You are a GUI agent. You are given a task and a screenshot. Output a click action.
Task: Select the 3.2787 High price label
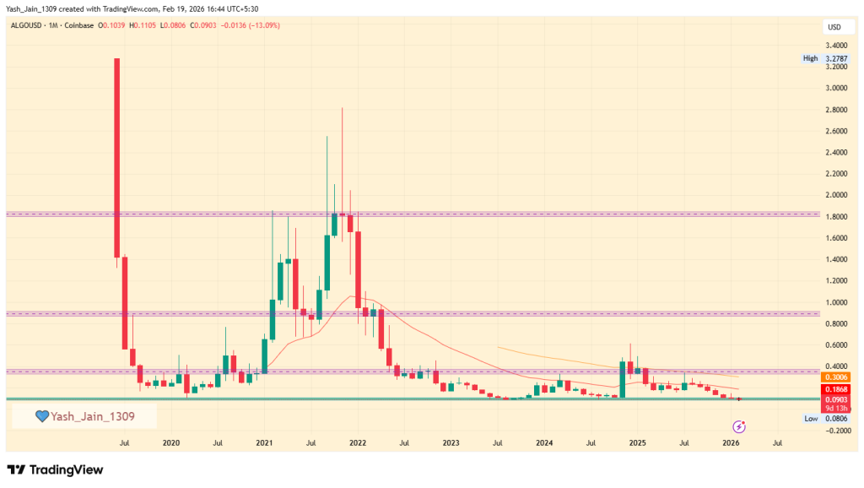(x=835, y=58)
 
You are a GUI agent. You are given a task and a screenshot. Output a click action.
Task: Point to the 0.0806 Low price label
(x=835, y=419)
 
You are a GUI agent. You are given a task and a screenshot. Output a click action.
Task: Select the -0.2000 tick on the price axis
(x=835, y=431)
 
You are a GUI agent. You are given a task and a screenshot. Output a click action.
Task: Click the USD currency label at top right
(x=834, y=28)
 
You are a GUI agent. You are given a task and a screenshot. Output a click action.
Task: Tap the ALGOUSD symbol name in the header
(x=26, y=25)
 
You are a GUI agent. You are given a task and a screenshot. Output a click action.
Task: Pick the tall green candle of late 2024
(x=622, y=378)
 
